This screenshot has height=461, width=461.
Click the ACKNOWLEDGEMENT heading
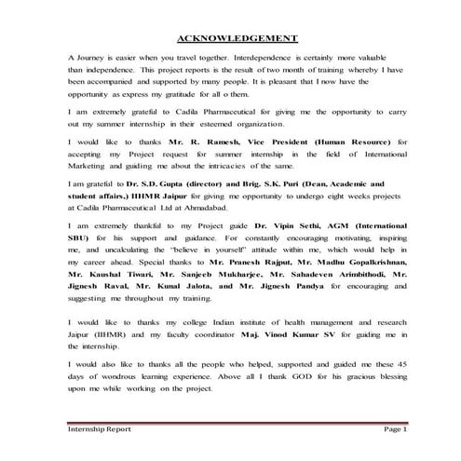237,38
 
